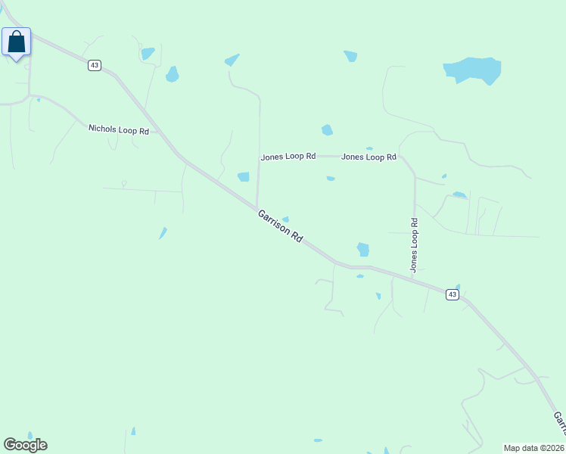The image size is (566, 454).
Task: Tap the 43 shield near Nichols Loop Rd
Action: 94,65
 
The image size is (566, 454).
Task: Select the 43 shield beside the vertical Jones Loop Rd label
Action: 452,294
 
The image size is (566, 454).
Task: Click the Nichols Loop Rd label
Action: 119,129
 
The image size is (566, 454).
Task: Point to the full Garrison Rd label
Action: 280,225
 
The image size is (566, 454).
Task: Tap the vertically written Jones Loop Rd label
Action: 414,245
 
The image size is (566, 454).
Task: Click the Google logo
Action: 25,445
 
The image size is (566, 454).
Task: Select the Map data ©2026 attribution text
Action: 534,447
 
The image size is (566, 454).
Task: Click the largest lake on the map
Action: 473,70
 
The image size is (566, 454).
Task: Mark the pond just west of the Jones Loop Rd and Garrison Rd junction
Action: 244,177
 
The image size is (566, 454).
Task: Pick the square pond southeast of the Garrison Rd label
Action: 363,249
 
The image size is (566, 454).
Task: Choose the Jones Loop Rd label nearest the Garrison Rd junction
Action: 288,157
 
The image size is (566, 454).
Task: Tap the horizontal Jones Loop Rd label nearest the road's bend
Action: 369,157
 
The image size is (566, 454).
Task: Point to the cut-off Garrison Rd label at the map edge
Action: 558,424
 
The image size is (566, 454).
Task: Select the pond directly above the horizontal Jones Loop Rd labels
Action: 327,130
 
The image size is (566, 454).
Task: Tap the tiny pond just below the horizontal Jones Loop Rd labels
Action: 331,179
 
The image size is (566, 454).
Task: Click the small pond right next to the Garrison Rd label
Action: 286,219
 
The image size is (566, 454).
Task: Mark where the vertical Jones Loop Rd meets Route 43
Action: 415,278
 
